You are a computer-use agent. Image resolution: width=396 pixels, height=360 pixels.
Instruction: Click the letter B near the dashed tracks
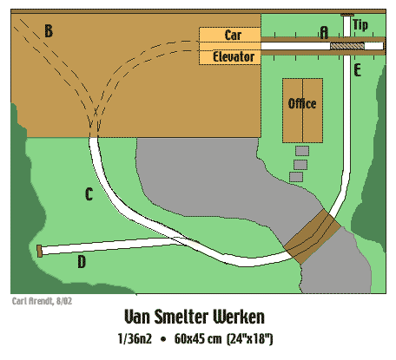point(49,31)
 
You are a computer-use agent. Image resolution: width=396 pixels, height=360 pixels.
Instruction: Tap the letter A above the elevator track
point(324,32)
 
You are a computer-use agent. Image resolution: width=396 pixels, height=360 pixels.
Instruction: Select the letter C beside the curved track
point(89,194)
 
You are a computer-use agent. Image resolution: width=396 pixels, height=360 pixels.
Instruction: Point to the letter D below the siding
point(82,262)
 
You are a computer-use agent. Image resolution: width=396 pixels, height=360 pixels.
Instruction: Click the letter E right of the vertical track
point(358,70)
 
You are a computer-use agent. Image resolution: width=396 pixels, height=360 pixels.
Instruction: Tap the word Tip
point(360,25)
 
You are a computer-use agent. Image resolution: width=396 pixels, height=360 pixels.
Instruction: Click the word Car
point(233,35)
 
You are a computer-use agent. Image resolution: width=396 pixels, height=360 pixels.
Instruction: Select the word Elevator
point(234,56)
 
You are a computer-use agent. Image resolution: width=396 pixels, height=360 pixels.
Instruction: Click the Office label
point(302,103)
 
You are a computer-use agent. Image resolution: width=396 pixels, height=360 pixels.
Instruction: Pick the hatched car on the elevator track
point(347,46)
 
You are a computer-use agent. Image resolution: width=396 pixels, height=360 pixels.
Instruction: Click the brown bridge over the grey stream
point(312,237)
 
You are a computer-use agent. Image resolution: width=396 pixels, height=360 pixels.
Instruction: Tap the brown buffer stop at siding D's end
point(39,251)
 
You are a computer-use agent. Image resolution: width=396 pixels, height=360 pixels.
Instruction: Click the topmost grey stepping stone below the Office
point(302,151)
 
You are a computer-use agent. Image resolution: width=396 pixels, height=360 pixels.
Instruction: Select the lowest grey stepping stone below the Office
point(296,177)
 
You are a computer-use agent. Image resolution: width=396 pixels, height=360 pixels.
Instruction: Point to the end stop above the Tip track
point(347,15)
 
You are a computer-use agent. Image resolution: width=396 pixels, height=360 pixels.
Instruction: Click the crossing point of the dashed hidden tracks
point(96,111)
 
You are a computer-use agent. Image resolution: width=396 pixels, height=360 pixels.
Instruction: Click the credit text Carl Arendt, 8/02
point(42,301)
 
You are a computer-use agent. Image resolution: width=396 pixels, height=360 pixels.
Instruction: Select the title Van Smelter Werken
point(195,317)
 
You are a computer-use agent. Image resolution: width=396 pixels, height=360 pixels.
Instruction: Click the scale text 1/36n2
point(135,338)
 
